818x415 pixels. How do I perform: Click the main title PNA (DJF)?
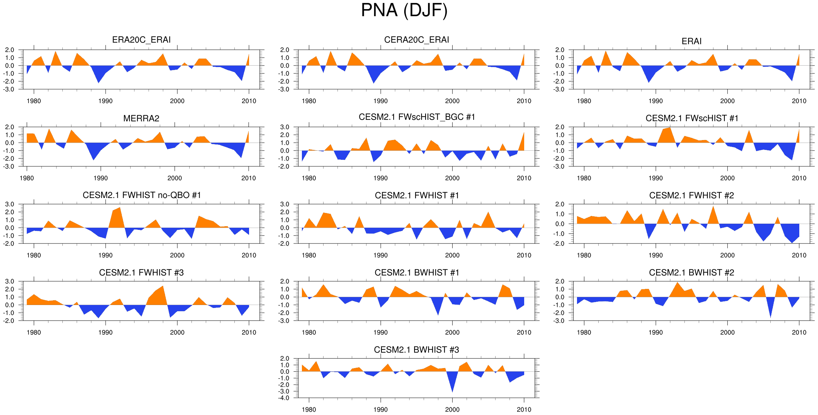tap(404, 10)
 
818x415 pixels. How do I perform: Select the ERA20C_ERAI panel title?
tap(141, 40)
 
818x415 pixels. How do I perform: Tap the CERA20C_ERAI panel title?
tap(416, 40)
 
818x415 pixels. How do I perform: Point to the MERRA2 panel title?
tap(141, 118)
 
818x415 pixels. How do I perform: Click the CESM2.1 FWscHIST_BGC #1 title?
tap(417, 117)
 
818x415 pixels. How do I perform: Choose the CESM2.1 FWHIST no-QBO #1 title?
tap(142, 195)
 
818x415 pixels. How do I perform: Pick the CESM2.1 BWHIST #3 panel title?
tap(416, 350)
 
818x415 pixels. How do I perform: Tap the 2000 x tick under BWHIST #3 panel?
tap(452, 410)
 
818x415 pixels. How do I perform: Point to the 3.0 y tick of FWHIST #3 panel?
tap(10, 282)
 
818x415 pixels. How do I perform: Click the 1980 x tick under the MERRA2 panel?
tap(26, 178)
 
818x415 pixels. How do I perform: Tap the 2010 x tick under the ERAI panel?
tap(799, 101)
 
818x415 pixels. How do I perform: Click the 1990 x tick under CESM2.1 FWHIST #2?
tap(656, 256)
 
